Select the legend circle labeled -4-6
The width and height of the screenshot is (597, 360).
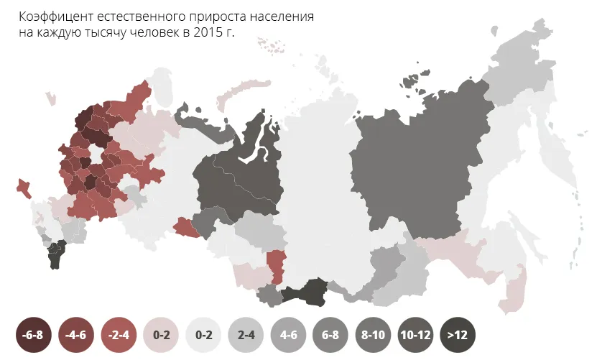(76, 334)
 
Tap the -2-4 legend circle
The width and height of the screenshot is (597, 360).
(119, 334)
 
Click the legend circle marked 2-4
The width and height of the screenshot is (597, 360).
(246, 334)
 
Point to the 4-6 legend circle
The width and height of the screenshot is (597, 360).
(288, 334)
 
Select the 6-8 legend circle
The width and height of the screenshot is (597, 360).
(330, 334)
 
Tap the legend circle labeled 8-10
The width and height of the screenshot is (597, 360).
(373, 334)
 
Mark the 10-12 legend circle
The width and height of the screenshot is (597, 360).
(415, 334)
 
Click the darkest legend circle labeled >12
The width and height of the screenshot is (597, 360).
(458, 334)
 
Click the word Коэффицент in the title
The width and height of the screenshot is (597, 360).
(53, 17)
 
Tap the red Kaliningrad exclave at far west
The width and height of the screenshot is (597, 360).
(24, 188)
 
